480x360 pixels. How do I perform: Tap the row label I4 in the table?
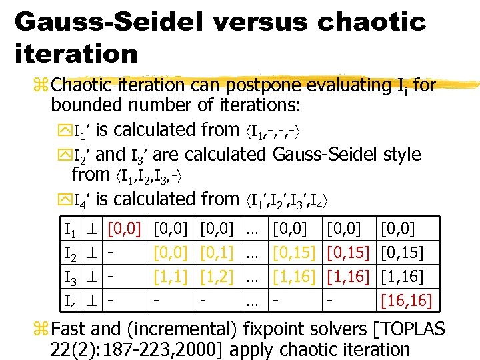(x=69, y=301)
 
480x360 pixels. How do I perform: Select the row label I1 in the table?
(x=69, y=231)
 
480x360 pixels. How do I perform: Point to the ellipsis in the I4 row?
(x=253, y=301)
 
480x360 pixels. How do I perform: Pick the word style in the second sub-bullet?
(x=403, y=154)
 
